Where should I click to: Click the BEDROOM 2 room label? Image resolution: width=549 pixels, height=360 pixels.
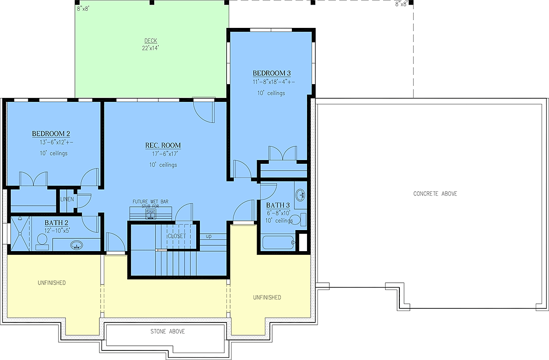tap(51, 134)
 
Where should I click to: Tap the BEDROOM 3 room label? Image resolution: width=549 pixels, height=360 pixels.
tap(272, 73)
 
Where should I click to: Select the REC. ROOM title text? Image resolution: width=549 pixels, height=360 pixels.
tap(163, 145)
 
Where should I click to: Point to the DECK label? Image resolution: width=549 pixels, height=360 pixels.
tap(151, 41)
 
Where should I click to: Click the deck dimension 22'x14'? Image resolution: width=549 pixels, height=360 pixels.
tap(151, 48)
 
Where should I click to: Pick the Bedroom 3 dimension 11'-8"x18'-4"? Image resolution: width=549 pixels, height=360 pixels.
tap(274, 82)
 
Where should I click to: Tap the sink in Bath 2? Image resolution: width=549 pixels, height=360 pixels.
tap(76, 245)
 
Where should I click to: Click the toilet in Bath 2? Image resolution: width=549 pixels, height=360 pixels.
tap(42, 242)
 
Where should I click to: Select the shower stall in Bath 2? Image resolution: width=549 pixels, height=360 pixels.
tap(20, 233)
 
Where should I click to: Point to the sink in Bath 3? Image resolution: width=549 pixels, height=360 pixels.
tap(301, 195)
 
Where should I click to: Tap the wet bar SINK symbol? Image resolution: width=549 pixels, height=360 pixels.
tap(151, 214)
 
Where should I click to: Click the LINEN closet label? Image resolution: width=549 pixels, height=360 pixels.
tap(67, 199)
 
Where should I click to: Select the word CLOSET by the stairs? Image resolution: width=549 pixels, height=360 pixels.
tap(177, 236)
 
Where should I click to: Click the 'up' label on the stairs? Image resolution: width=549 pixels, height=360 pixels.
tap(209, 236)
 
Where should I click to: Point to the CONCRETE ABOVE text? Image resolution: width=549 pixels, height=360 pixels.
tap(435, 193)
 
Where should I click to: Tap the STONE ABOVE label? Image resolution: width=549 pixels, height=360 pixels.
tap(167, 331)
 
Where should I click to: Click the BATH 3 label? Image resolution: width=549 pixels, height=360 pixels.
tap(278, 205)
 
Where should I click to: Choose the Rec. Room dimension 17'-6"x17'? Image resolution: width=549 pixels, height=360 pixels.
tap(165, 154)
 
